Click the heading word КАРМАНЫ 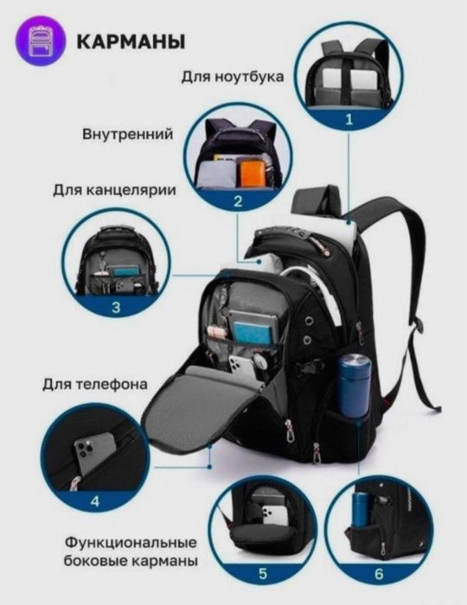(130, 41)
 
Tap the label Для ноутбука (233, 76)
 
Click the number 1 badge (349, 119)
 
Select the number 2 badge (237, 202)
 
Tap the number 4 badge (95, 500)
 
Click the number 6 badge (378, 571)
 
